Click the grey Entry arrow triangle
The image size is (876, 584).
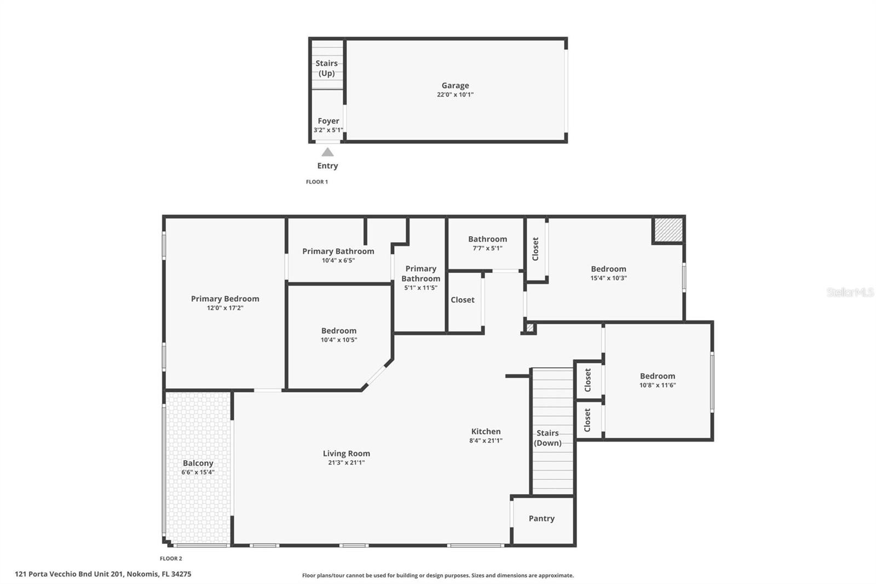(x=328, y=152)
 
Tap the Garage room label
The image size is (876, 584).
(x=455, y=85)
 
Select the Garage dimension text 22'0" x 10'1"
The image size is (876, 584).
(x=455, y=94)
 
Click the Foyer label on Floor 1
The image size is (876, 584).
(x=328, y=121)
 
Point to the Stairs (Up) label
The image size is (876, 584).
(x=326, y=68)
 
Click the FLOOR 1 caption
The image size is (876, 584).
(x=317, y=182)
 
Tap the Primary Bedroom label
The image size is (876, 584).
(x=225, y=299)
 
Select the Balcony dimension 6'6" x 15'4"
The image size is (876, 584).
(x=198, y=472)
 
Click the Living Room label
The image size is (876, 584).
(x=346, y=453)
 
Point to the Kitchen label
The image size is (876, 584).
(x=486, y=431)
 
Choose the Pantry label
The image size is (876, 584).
(x=541, y=519)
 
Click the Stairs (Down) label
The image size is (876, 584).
(x=547, y=438)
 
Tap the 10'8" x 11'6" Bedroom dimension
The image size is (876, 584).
(x=658, y=385)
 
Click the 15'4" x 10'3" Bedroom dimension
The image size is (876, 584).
(x=608, y=278)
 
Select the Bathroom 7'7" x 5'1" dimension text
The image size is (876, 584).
(x=487, y=248)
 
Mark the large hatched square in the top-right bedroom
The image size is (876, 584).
(x=668, y=230)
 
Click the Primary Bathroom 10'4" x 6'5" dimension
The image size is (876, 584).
(x=338, y=260)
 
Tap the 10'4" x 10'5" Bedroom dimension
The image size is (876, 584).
(x=339, y=340)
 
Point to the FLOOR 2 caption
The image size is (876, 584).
(x=171, y=559)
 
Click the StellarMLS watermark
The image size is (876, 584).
(x=850, y=292)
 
